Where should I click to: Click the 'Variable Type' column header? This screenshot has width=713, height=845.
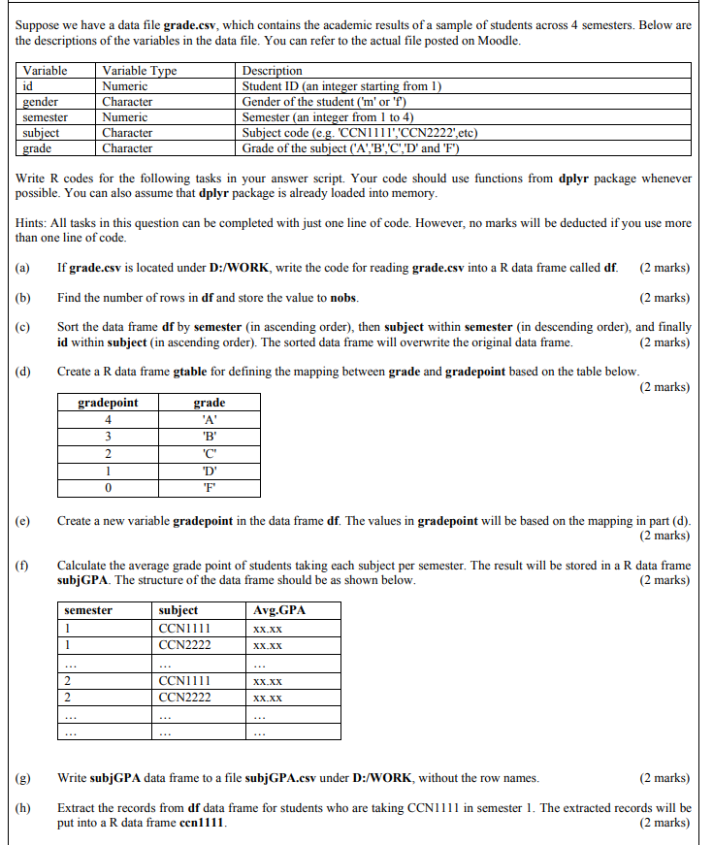140,71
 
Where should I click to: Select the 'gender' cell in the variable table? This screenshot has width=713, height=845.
41,102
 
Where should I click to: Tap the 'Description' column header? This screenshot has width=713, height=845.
272,71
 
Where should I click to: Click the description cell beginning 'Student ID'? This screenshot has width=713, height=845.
341,86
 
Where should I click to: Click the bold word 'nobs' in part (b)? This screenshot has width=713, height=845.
344,297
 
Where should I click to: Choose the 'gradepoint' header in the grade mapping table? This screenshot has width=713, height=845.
108,403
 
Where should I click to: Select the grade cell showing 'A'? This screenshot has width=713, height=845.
209,419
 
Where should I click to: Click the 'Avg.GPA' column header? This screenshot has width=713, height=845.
278,610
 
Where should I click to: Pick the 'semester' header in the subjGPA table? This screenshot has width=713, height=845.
88,610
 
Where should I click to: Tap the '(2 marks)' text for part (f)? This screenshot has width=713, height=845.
664,580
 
